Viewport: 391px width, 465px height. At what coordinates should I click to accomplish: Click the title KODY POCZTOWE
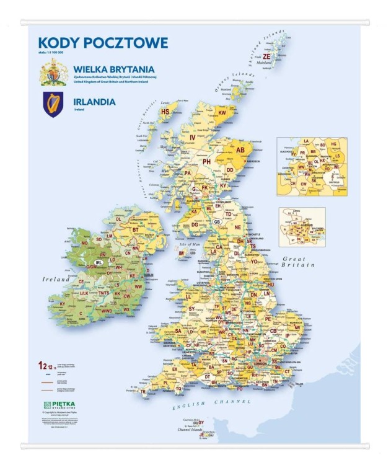tap(94, 43)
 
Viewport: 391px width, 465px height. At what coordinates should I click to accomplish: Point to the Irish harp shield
tap(53, 104)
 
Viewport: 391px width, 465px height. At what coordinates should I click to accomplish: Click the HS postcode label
tap(165, 112)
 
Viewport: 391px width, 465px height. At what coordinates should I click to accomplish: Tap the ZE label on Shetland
tap(266, 56)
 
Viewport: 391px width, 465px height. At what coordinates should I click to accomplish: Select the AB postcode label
tap(241, 150)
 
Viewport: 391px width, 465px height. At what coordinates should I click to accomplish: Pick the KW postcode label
tap(222, 113)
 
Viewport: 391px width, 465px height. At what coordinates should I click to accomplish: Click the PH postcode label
tap(208, 161)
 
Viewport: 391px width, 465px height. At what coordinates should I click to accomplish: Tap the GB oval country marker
tap(217, 221)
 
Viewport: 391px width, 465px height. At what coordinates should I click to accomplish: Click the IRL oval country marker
tap(99, 263)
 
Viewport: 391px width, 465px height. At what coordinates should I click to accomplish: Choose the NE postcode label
tap(237, 228)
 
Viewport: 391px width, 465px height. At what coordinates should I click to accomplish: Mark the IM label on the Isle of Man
tap(182, 253)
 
